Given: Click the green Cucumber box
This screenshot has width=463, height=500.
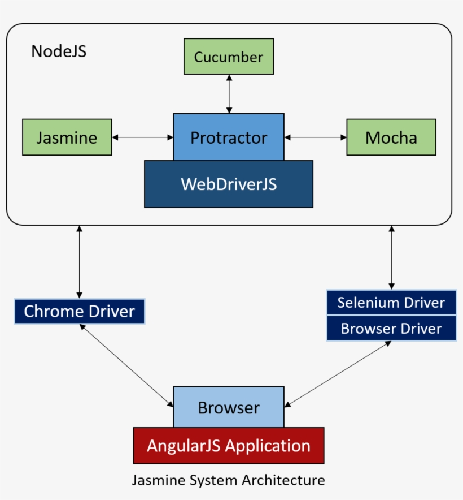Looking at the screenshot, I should (x=229, y=57).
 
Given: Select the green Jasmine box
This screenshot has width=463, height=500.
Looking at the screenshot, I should (x=67, y=137).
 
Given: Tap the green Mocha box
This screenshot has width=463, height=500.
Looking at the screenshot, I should (x=391, y=137).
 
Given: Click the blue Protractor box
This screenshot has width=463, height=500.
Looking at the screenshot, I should (x=229, y=137).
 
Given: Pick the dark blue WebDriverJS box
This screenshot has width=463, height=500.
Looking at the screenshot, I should (x=229, y=184).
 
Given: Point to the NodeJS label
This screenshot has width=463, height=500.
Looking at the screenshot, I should (x=59, y=51).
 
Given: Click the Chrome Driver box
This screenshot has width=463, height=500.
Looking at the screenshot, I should (x=80, y=312).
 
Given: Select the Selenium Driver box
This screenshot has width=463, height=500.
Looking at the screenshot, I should (x=391, y=303).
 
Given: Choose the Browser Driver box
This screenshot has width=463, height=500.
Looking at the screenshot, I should (x=391, y=329).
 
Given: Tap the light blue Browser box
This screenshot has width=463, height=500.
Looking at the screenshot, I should (x=229, y=407).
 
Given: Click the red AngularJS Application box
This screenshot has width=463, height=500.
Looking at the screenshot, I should (x=229, y=446).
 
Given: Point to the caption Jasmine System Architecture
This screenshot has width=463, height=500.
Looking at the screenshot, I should (x=229, y=480).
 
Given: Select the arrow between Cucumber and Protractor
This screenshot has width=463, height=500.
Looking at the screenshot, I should (x=229, y=94).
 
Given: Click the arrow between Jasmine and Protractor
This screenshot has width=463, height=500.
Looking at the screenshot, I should (x=142, y=137).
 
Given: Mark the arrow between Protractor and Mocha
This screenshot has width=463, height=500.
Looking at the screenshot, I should (x=315, y=137).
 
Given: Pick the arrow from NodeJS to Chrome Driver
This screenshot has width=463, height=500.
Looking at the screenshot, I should (x=80, y=261).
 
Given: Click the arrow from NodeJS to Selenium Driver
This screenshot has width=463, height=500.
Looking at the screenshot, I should (x=391, y=257).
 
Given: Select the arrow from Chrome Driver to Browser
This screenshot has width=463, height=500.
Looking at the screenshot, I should (x=127, y=365).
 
